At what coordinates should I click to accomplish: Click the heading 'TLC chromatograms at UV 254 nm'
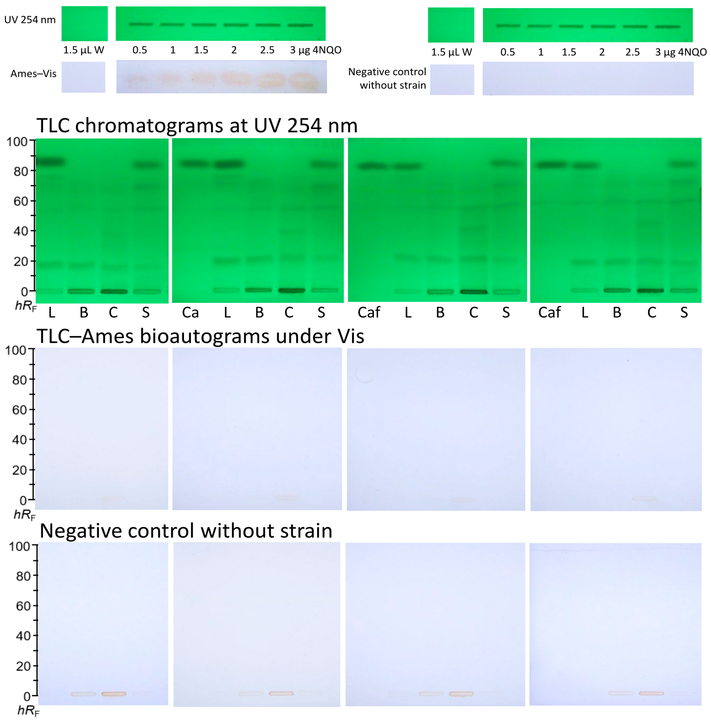(x=197, y=125)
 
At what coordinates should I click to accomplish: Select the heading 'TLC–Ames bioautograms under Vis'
(x=200, y=336)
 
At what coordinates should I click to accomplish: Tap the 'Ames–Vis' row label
(x=33, y=74)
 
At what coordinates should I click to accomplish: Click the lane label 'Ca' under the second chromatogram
(x=190, y=312)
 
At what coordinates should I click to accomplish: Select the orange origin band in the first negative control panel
(x=114, y=694)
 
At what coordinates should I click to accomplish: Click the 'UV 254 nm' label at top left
(x=30, y=20)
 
